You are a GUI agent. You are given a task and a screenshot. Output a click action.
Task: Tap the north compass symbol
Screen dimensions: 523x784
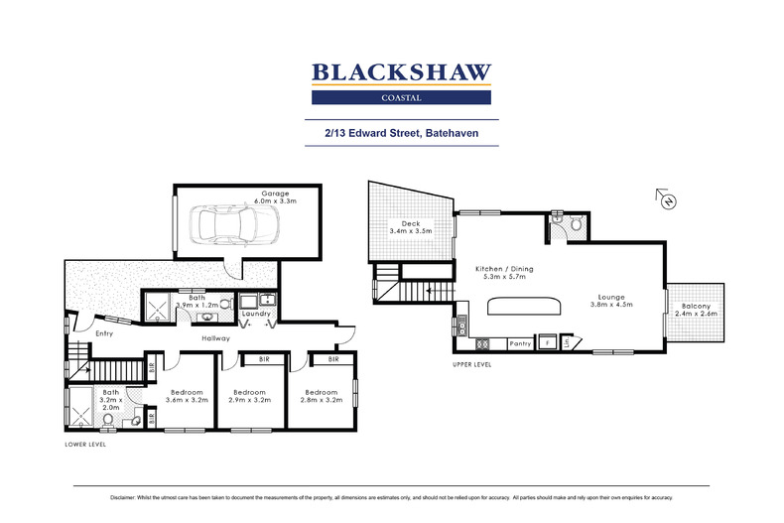668,199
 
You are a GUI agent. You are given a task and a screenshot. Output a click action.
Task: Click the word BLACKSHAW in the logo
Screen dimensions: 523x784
401,71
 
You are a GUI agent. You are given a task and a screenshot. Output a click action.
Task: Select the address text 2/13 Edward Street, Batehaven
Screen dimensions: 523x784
401,130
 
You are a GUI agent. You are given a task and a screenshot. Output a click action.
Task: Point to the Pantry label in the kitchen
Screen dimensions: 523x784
520,344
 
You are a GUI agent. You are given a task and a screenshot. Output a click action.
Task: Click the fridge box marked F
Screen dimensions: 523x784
547,344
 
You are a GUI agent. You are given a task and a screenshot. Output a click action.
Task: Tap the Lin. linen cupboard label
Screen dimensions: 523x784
567,343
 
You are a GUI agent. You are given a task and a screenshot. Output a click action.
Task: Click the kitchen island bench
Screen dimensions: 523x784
519,306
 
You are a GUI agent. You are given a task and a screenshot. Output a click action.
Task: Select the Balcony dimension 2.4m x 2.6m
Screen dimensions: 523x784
697,316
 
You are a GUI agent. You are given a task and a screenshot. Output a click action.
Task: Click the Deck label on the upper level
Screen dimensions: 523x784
412,223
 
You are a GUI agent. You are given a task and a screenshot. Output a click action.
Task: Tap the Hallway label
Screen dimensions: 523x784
215,338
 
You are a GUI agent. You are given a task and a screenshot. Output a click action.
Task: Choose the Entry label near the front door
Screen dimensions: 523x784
104,333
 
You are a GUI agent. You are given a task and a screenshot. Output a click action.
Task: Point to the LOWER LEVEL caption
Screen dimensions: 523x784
85,444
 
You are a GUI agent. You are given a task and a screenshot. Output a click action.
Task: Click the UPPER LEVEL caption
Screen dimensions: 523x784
471,365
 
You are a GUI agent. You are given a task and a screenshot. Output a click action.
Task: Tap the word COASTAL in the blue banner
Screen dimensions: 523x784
401,97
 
